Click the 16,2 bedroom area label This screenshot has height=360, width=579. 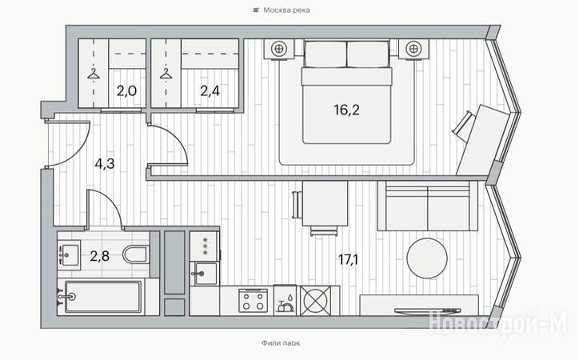coord(346,110)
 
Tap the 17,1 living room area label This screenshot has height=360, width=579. coord(348,260)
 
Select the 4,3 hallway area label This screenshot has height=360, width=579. coord(105,163)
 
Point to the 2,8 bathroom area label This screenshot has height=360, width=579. coord(99,255)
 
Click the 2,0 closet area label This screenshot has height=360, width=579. coord(126,90)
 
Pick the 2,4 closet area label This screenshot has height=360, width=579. coord(210,90)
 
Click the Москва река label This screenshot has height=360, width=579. coord(286,10)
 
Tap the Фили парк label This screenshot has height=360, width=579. coord(281,343)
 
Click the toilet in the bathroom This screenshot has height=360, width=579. coord(135,254)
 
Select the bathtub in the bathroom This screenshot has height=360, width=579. coord(103,297)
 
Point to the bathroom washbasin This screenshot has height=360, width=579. coord(69,254)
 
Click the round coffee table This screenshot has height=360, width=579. coord(427,258)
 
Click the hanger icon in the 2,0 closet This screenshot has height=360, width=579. coord(94,73)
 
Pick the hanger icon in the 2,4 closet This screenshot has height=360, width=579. coord(166,73)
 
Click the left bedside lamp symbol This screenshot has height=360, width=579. coord(279,48)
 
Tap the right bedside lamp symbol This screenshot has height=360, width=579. coord(413,48)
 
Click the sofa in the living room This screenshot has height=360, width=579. coord(427,206)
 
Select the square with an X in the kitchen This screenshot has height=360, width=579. coord(314,301)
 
